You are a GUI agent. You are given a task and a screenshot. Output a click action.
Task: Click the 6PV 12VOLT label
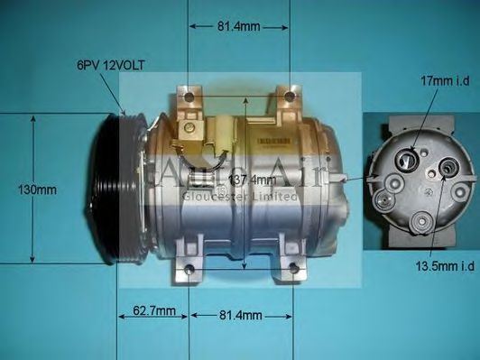(111, 65)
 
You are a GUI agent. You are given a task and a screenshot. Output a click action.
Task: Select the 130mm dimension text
(37, 189)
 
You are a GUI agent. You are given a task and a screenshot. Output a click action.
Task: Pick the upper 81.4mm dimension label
(239, 27)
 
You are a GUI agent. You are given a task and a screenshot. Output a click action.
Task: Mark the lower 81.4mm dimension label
(240, 315)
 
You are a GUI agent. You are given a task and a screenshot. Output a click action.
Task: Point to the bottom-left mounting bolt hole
(189, 269)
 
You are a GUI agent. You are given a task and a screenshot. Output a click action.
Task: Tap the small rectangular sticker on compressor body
(270, 143)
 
